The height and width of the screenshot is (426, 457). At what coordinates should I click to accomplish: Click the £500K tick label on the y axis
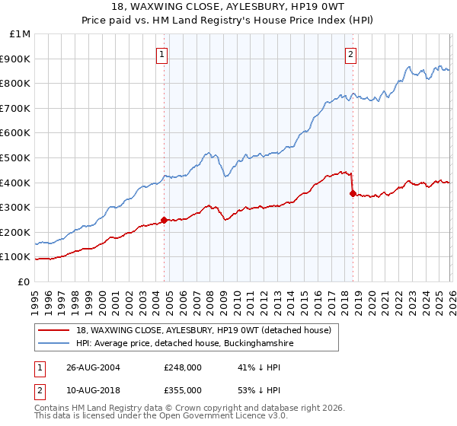pyautogui.click(x=15, y=157)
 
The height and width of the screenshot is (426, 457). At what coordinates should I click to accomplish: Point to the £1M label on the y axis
pyautogui.click(x=19, y=34)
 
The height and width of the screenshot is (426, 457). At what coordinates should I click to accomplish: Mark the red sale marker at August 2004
pyautogui.click(x=164, y=220)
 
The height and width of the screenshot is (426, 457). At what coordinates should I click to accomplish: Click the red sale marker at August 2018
pyautogui.click(x=352, y=193)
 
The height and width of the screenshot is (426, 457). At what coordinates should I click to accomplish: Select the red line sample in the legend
pyautogui.click(x=54, y=331)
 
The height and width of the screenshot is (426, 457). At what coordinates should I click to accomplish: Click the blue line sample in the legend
pyautogui.click(x=54, y=344)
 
